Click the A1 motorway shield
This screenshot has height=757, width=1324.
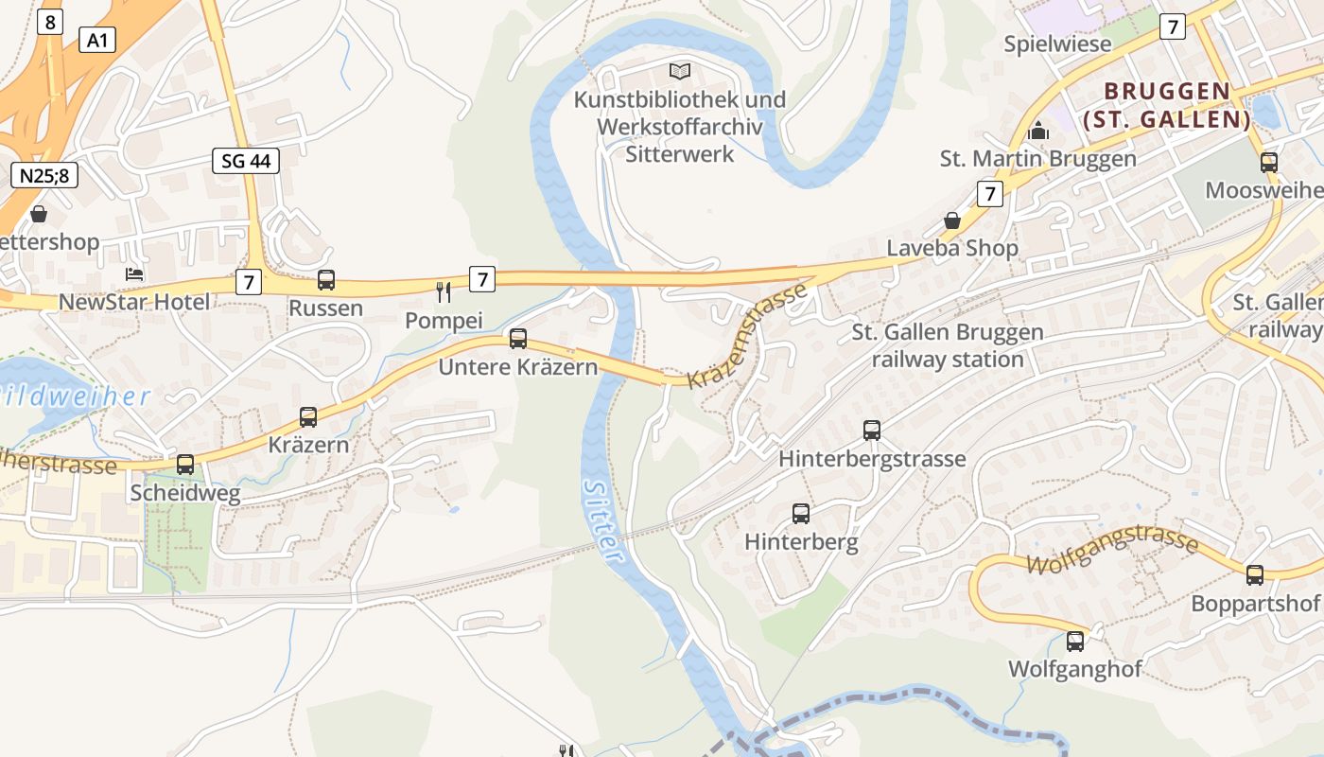pyautogui.click(x=96, y=40)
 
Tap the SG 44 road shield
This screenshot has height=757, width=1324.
pyautogui.click(x=245, y=161)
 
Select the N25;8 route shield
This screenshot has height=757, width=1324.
pyautogui.click(x=44, y=175)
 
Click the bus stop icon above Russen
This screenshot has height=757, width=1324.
pyautogui.click(x=326, y=280)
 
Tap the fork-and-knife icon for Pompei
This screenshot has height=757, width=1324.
pyautogui.click(x=444, y=291)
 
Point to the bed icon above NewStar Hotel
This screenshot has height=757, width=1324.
pyautogui.click(x=134, y=274)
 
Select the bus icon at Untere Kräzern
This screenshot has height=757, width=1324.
pyautogui.click(x=518, y=339)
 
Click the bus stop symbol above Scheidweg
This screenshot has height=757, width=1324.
pyautogui.click(x=185, y=465)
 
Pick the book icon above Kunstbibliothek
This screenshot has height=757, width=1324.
pyautogui.click(x=680, y=71)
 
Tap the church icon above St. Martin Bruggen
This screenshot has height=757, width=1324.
pyautogui.click(x=1038, y=131)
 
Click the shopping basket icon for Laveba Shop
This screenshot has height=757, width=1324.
pyautogui.click(x=952, y=220)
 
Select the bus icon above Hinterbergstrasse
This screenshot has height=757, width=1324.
pyautogui.click(x=872, y=431)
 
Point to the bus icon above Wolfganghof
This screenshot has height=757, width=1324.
pyautogui.click(x=1075, y=641)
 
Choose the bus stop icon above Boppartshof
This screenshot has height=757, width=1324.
pyautogui.click(x=1255, y=574)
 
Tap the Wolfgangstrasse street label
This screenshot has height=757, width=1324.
pyautogui.click(x=1112, y=552)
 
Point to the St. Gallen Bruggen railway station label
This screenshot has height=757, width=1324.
pyautogui.click(x=948, y=345)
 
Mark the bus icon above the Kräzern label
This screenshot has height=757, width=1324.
pyautogui.click(x=308, y=416)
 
